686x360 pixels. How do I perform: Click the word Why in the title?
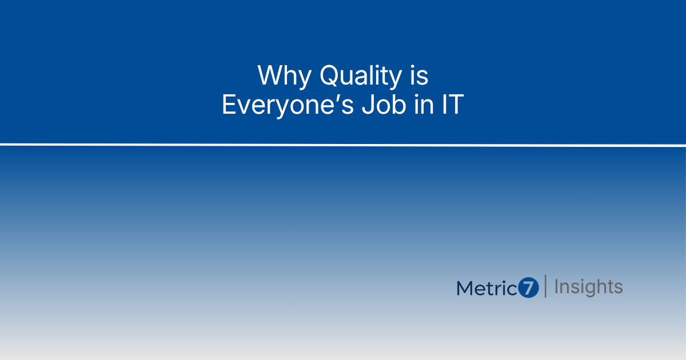[x=285, y=75]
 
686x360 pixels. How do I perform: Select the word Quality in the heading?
[x=361, y=75]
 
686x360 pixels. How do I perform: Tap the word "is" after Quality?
[x=419, y=75]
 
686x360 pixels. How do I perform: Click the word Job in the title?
[x=384, y=105]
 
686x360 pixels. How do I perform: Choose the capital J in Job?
[x=368, y=105]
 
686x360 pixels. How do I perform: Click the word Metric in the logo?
[x=487, y=288]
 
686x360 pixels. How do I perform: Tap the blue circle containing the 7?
[x=528, y=287]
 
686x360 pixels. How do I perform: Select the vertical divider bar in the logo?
[x=545, y=286]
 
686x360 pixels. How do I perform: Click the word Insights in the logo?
[x=589, y=287]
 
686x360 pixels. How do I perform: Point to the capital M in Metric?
[x=465, y=289]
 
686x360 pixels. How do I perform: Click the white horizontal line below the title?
[x=343, y=145]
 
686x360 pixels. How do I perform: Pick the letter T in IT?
[x=456, y=105]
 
